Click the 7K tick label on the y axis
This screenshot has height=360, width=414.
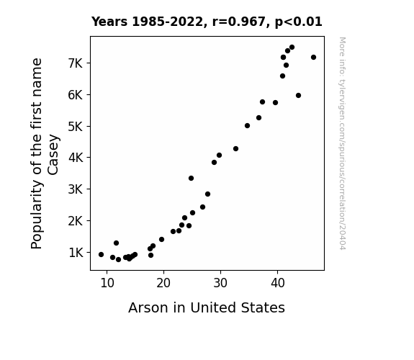[76, 63]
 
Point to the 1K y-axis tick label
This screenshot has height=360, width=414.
[76, 253]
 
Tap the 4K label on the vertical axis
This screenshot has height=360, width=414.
[76, 158]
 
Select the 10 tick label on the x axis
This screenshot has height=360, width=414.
[107, 283]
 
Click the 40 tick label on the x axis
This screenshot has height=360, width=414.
[277, 283]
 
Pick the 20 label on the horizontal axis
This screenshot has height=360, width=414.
[163, 283]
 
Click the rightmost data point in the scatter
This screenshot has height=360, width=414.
[313, 58]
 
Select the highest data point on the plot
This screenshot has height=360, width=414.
[292, 48]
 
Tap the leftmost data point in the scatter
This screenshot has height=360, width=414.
[101, 255]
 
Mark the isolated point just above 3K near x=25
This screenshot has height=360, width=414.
[191, 179]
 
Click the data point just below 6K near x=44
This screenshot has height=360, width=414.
[298, 95]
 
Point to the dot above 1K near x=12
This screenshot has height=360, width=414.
[116, 243]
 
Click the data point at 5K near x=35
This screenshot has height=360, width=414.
[247, 126]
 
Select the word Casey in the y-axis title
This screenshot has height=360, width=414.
[53, 155]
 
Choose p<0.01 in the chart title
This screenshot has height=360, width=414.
[299, 22]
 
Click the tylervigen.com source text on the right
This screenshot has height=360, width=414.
[342, 143]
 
